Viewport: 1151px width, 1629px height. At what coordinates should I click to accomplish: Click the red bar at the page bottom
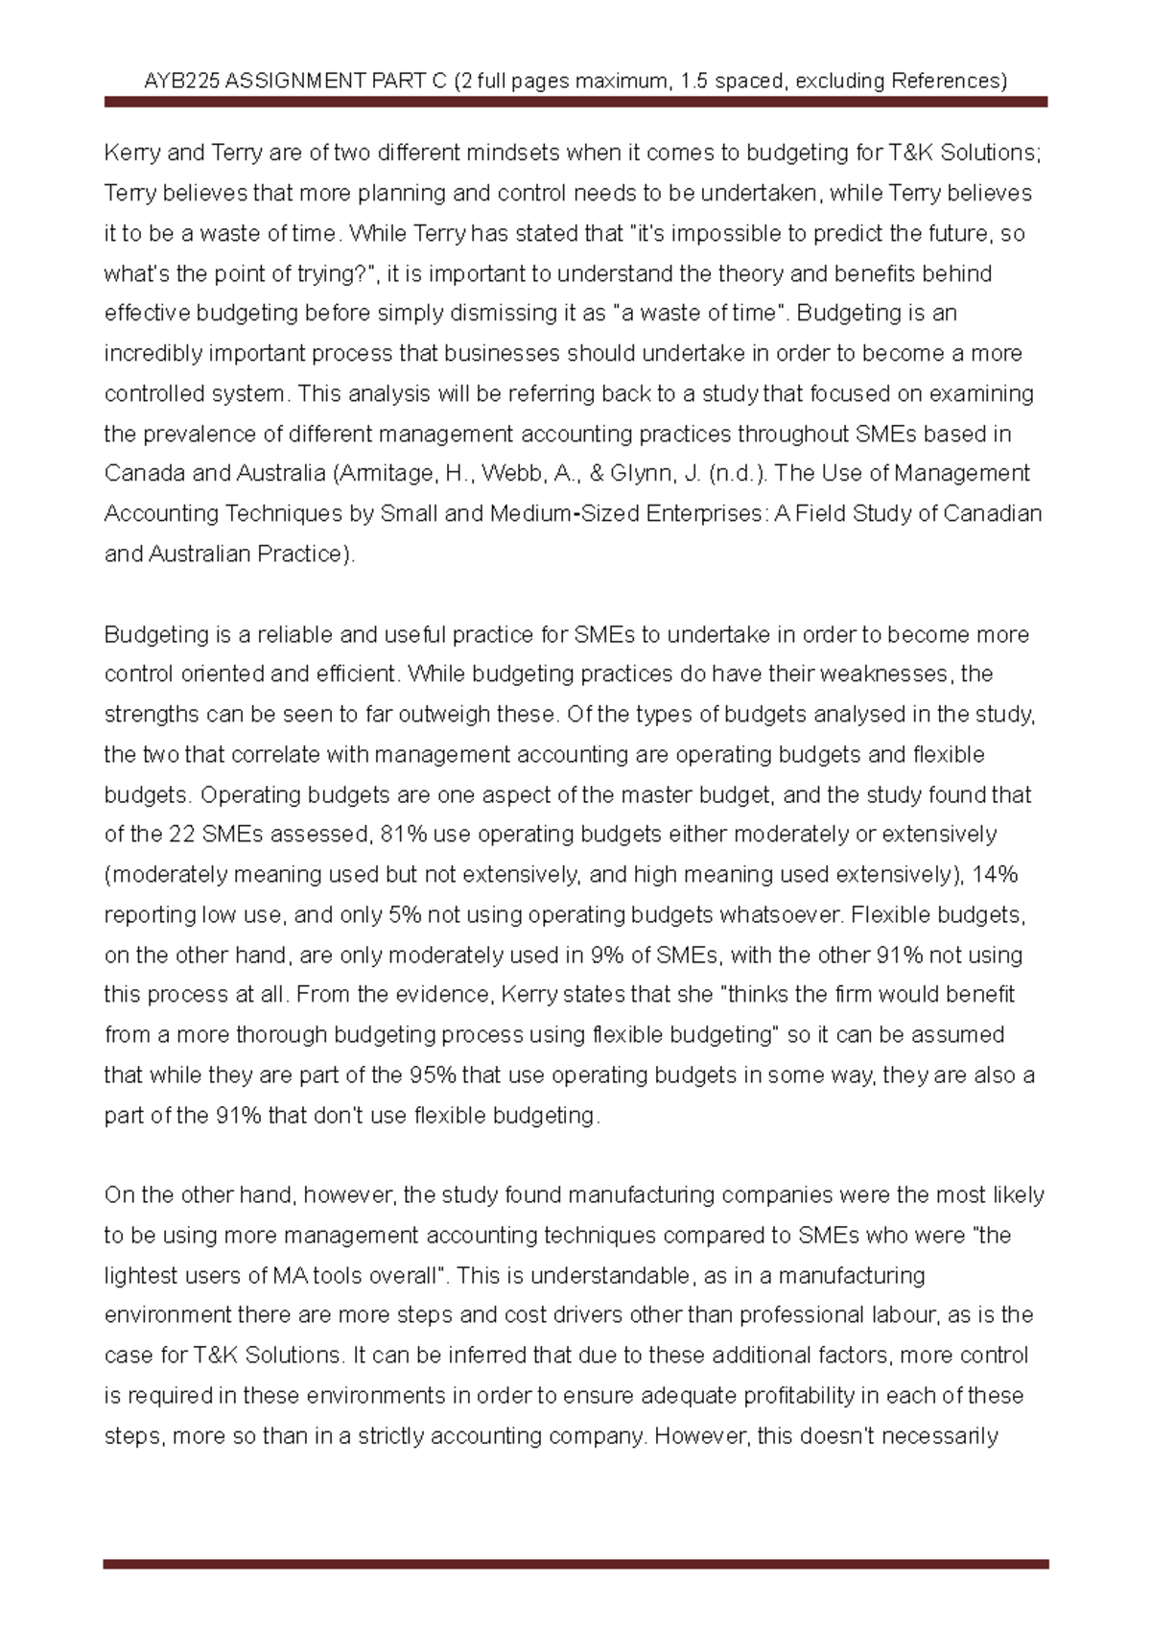click(575, 1564)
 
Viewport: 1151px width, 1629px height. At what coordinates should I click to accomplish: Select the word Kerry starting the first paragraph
click(132, 153)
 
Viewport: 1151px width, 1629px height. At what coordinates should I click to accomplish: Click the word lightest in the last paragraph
click(139, 1276)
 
